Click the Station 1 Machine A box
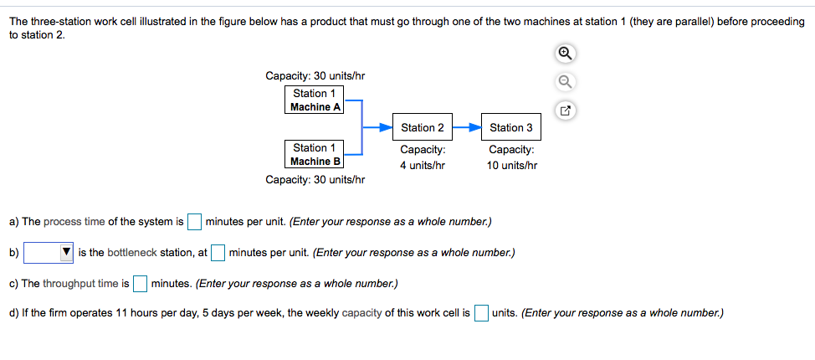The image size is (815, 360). point(314,100)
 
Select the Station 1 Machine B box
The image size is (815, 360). point(314,154)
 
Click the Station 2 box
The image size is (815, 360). point(423,127)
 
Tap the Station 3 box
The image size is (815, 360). point(511,127)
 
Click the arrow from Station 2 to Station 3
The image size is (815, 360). point(467,127)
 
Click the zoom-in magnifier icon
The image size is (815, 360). point(566,53)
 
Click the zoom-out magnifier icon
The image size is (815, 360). point(566,81)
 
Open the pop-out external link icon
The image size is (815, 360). point(566,111)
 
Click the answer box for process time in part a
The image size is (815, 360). point(194,222)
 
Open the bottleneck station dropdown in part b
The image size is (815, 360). point(49,252)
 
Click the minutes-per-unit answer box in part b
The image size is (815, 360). point(218,252)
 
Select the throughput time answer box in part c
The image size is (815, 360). point(140,283)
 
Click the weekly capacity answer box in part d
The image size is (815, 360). point(481,313)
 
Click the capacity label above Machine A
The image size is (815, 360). point(315,76)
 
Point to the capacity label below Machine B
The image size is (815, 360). point(315,179)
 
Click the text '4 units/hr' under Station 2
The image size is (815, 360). point(423,165)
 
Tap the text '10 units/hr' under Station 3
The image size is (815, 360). point(511,165)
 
